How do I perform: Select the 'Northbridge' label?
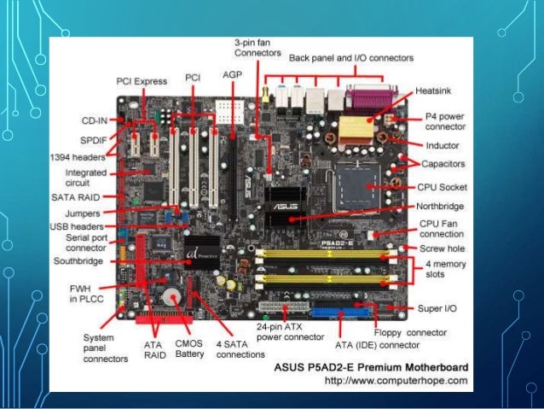tap(439, 206)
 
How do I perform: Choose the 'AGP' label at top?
tap(231, 75)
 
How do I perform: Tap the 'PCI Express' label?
tap(141, 80)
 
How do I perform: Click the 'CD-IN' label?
tap(94, 120)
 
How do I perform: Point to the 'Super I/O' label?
tap(441, 307)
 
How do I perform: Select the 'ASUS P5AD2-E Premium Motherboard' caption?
tap(376, 366)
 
